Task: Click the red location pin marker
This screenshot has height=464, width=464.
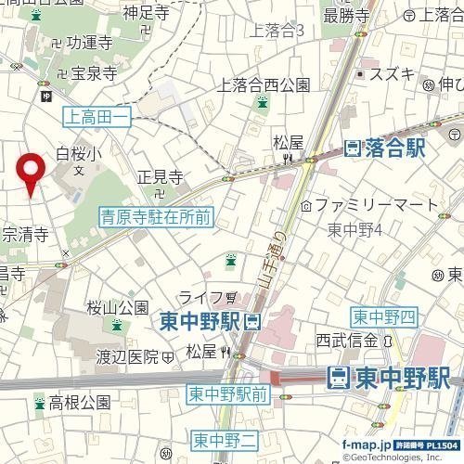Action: tap(32, 172)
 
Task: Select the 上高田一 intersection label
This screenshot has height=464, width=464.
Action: tap(97, 116)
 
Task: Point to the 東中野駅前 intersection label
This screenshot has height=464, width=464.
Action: tap(228, 394)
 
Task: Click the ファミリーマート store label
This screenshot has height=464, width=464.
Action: tap(375, 203)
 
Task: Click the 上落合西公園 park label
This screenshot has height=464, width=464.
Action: tap(263, 85)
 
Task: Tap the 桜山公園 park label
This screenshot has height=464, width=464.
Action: tap(118, 307)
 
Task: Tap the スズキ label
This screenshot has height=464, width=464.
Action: tap(391, 73)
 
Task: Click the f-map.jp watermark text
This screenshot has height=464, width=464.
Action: tap(367, 445)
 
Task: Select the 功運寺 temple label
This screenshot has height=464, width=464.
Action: tap(88, 43)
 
